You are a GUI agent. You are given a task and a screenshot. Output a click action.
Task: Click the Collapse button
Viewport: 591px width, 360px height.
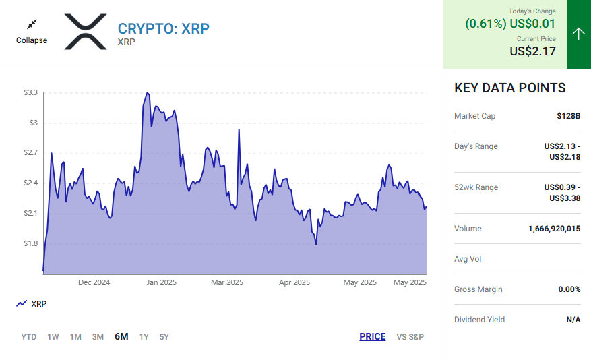[32, 32]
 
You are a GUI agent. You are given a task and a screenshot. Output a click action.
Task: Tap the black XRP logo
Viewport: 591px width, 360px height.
[86, 32]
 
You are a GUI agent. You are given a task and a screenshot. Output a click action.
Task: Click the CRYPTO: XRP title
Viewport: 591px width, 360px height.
[164, 28]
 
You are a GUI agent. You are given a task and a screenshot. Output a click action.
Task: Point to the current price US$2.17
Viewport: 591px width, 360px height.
[532, 51]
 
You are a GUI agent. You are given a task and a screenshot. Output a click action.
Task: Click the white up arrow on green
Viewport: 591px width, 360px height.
[578, 34]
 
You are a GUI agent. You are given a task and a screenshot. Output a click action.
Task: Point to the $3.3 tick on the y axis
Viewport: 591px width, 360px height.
[30, 92]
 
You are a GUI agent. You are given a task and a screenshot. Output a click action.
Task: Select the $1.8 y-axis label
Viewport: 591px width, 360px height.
[30, 243]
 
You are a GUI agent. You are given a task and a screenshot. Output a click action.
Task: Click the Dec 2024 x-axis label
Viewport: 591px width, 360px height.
[94, 282]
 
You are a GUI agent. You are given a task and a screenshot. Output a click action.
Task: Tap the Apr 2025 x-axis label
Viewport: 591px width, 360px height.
[294, 282]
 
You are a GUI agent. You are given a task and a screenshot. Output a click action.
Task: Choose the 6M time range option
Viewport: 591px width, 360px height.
[121, 337]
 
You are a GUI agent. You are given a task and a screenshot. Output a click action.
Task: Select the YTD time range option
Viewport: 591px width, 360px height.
[29, 337]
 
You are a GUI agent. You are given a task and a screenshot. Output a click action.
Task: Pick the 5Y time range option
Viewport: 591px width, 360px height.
[164, 337]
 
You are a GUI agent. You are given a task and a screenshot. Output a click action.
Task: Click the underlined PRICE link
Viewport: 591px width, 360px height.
[373, 337]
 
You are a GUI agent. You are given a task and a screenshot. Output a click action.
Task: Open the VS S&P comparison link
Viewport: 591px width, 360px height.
[410, 337]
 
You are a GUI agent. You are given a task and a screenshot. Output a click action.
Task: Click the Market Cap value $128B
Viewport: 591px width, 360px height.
[569, 116]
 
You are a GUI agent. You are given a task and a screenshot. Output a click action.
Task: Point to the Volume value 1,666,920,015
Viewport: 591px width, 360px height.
[554, 229]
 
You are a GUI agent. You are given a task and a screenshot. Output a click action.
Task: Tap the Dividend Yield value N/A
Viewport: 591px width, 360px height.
[573, 320]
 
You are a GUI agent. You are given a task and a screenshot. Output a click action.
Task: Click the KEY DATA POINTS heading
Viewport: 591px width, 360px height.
[510, 88]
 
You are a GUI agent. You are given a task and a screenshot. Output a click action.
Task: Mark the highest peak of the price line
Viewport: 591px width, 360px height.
[147, 93]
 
